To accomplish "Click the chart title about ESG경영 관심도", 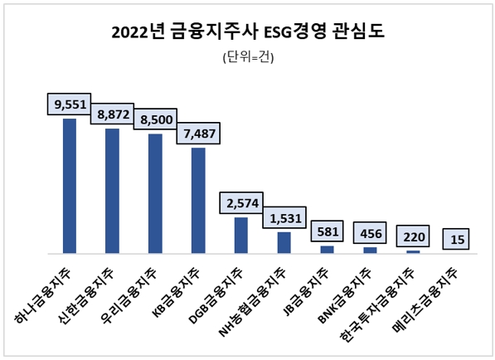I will tap(247, 32).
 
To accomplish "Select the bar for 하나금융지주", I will tap(69, 186).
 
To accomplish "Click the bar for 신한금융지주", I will tap(112, 191).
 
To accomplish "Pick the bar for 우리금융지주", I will tap(155, 193).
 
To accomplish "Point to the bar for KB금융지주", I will tap(198, 200).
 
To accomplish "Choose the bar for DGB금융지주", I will tap(241, 235).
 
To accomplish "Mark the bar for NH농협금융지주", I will tap(284, 242).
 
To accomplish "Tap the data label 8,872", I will tap(112, 114).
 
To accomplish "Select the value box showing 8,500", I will tap(155, 119).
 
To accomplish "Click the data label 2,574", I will tap(241, 203).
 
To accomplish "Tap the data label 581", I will tap(327, 231).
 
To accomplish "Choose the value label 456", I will tap(370, 234).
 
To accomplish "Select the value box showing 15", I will tap(456, 239).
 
